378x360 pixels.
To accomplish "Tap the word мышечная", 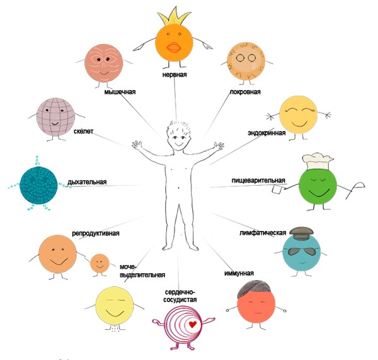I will (x=120, y=91).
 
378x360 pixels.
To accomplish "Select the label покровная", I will (x=245, y=92).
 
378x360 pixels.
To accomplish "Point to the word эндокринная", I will (x=266, y=133).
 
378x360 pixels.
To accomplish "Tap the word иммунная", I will (x=239, y=273).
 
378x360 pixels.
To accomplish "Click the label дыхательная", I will (x=87, y=183).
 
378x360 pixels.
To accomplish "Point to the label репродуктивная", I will (x=96, y=233).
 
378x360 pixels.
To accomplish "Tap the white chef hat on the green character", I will (x=315, y=162).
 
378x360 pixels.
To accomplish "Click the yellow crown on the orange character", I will (x=175, y=16).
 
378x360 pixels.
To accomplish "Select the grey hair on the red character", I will (x=255, y=290).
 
